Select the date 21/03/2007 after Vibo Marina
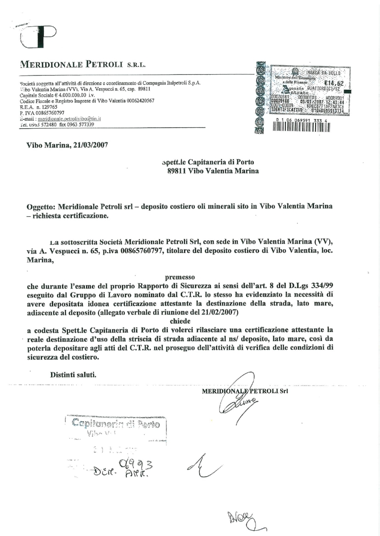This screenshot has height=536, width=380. (89, 145)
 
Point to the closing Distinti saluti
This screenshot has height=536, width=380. (73, 373)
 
